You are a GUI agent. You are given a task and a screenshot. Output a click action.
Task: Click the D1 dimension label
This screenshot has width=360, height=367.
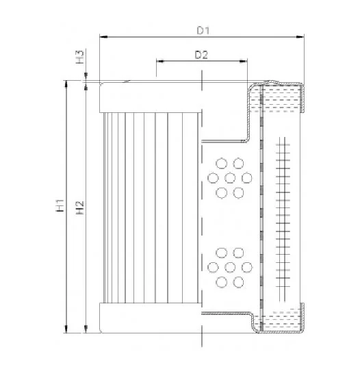203,30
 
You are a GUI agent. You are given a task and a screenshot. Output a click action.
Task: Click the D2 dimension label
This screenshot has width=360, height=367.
201,55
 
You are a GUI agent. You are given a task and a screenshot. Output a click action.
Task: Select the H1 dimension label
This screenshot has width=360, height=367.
60,205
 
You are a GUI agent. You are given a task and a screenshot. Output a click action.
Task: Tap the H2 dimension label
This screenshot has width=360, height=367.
79,208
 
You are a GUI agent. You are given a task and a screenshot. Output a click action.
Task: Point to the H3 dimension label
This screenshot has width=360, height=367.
79,57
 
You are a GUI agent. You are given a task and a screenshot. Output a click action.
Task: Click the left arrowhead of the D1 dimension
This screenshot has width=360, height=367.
103,37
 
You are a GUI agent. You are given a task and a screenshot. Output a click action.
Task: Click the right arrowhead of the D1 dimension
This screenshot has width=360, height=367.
300,37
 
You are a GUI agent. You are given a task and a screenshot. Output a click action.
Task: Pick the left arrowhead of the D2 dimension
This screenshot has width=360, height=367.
160,62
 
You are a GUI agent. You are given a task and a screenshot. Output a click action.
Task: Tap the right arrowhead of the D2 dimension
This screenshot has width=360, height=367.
243,62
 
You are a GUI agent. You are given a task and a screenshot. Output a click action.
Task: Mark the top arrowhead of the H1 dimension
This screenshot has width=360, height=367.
66,85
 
